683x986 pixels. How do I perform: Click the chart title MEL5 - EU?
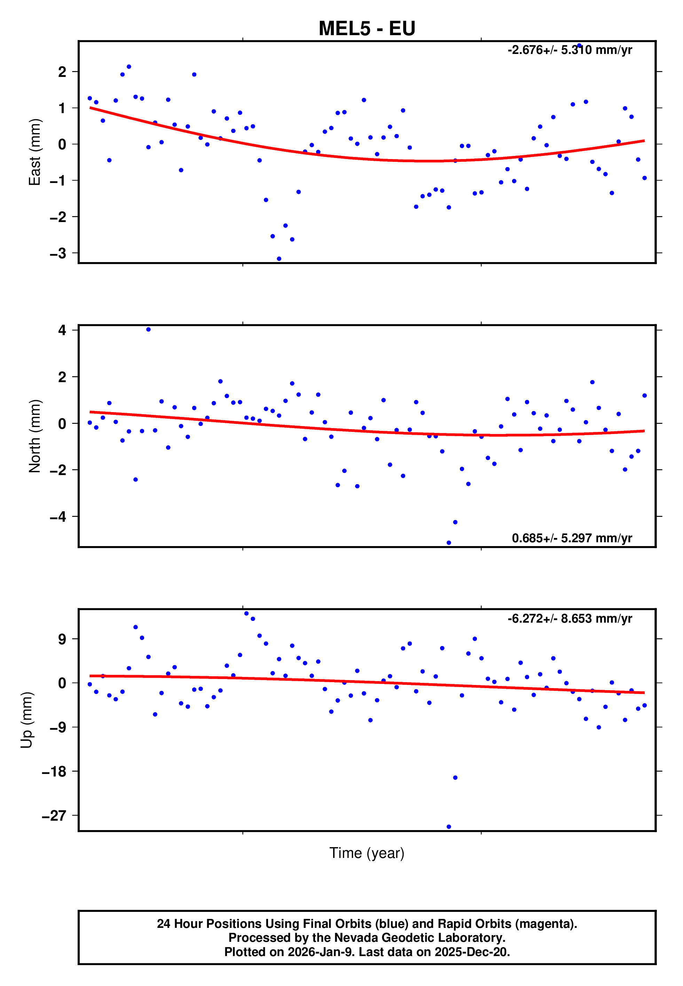(367, 28)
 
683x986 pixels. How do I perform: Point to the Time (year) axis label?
(367, 853)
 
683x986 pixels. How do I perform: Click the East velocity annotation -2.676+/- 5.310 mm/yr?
(570, 50)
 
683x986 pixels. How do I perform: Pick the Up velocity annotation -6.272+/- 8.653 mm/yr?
(570, 618)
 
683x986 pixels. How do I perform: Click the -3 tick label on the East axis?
(58, 253)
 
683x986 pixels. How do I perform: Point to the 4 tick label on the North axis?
(62, 330)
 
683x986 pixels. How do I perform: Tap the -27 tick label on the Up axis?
(54, 816)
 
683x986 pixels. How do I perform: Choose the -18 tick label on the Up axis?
(54, 771)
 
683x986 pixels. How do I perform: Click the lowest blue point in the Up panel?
(448, 827)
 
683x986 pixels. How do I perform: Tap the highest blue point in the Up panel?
(246, 613)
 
